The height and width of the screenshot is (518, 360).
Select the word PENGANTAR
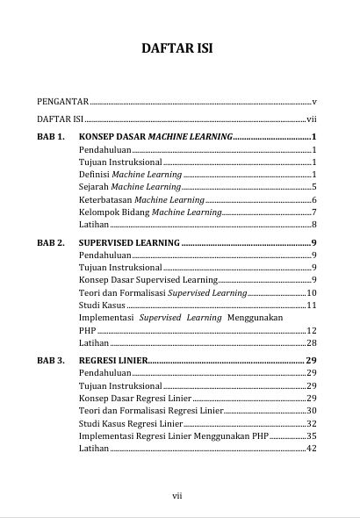point(63,102)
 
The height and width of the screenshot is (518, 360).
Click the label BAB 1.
point(51,138)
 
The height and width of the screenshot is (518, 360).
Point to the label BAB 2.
point(51,241)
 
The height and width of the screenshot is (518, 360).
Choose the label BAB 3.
point(51,360)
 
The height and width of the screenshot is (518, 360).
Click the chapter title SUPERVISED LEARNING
point(128,241)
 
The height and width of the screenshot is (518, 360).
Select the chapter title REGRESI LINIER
point(112,360)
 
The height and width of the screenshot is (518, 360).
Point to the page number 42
point(311,448)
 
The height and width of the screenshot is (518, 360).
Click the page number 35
point(311,435)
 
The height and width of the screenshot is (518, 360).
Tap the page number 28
point(311,342)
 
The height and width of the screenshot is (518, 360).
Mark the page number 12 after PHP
point(311,330)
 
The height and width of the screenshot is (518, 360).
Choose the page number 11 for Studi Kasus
point(311,305)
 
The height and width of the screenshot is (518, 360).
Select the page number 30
point(311,410)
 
